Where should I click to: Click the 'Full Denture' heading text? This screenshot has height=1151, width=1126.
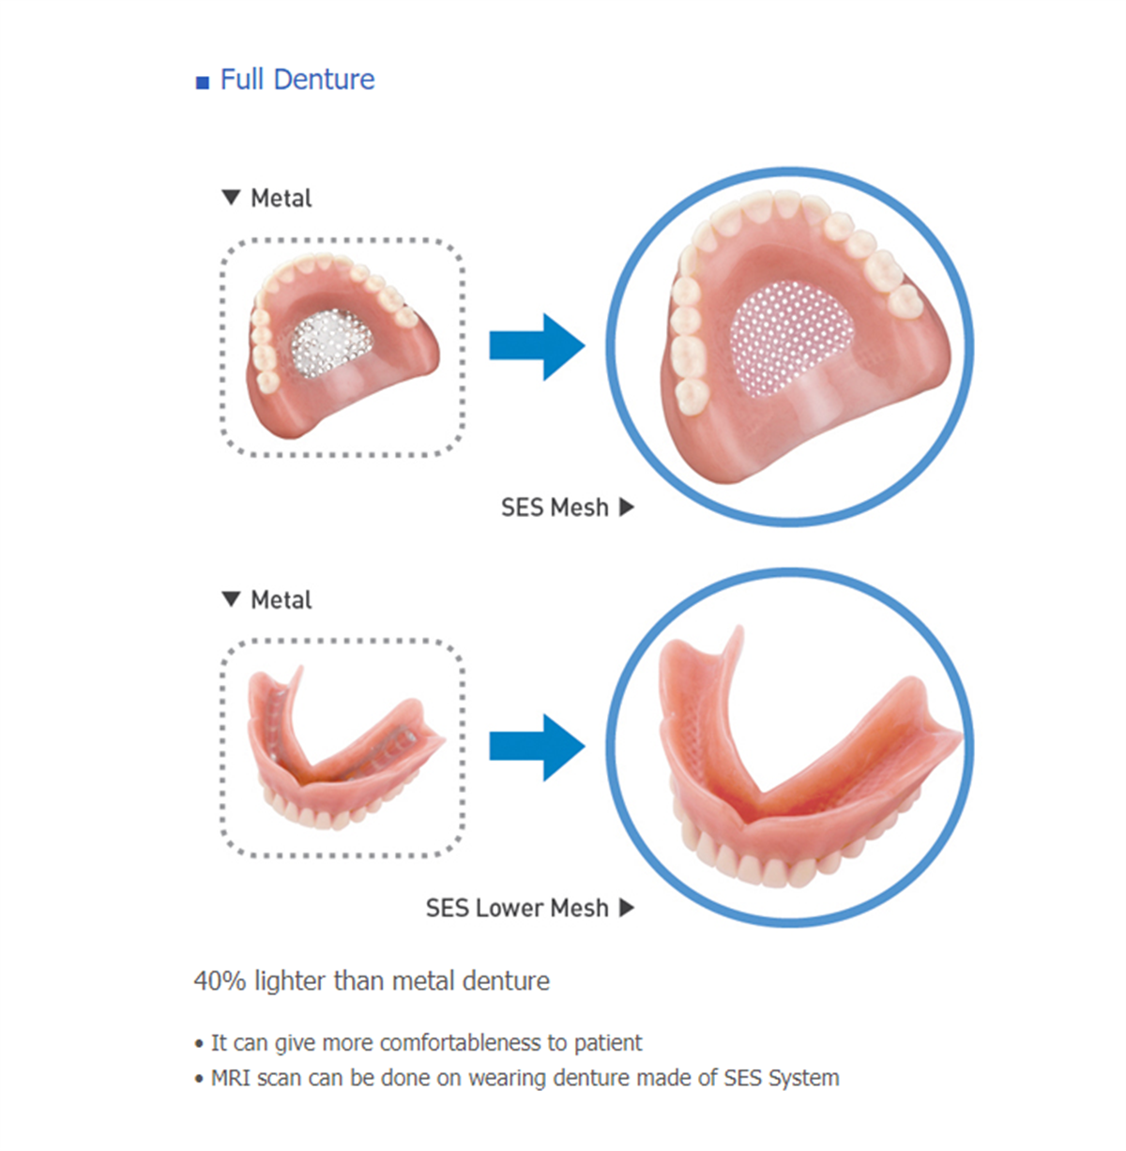pos(297,79)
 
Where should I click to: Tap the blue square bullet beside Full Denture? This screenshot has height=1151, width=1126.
pos(203,83)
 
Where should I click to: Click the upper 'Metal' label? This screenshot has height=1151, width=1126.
pos(281,198)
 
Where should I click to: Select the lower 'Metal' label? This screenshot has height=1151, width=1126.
pos(281,599)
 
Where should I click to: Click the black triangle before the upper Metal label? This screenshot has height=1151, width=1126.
pos(231,198)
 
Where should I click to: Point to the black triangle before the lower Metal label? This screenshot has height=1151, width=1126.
pos(231,599)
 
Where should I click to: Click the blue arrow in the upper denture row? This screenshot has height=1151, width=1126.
pos(537,346)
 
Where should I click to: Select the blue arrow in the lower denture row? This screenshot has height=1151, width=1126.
pos(537,748)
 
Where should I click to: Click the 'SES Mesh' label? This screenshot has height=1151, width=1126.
pos(555,507)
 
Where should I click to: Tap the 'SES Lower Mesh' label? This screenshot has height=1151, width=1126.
pos(516,908)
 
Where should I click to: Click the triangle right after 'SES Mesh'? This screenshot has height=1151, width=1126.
pos(627,507)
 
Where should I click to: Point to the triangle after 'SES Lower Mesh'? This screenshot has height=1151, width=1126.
pos(627,907)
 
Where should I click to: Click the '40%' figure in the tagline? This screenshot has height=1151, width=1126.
pos(220,981)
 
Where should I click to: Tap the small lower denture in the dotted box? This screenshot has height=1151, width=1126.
pos(345,749)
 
